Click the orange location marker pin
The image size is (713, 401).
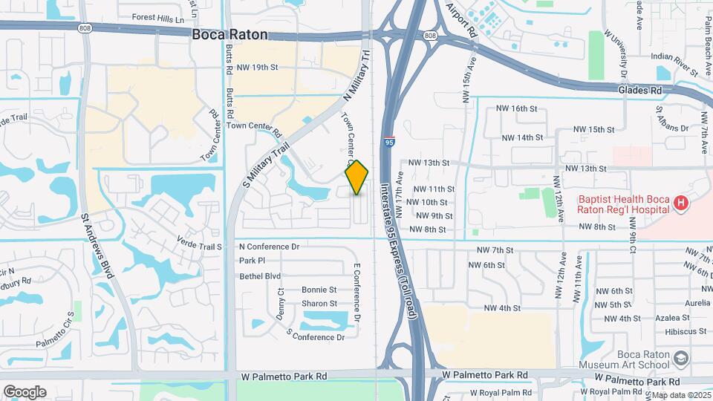coord(356,177)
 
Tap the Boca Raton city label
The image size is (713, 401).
coord(229,34)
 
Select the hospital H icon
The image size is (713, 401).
coord(680,203)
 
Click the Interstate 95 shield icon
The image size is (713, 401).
coord(390,140)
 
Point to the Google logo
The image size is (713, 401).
coord(25,391)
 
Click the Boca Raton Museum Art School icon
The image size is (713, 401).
coord(680,359)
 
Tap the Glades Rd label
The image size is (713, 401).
coord(639,90)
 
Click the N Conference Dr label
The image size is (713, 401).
coord(269,247)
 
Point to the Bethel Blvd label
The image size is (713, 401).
coord(260,276)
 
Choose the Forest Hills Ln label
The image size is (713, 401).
coord(157,17)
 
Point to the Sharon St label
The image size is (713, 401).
coord(319,303)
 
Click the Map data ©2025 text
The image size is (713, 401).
coord(681,395)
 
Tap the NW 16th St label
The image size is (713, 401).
coord(518,108)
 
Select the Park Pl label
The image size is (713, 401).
coord(252,261)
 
